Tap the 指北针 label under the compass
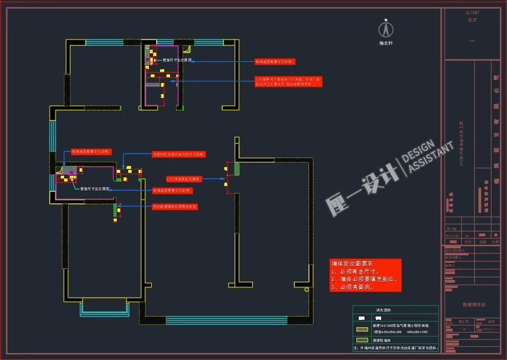coord(386,43)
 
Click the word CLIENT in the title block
coord(472,13)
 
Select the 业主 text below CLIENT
coord(472,19)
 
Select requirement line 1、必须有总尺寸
coord(353,271)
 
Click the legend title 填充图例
coord(382,309)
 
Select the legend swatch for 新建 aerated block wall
coord(362,329)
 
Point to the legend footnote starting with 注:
coord(395,347)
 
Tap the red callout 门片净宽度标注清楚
coord(184,179)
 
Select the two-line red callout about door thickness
coord(288,81)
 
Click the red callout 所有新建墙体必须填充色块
coord(175,207)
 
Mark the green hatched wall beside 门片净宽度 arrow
coord(236,169)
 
